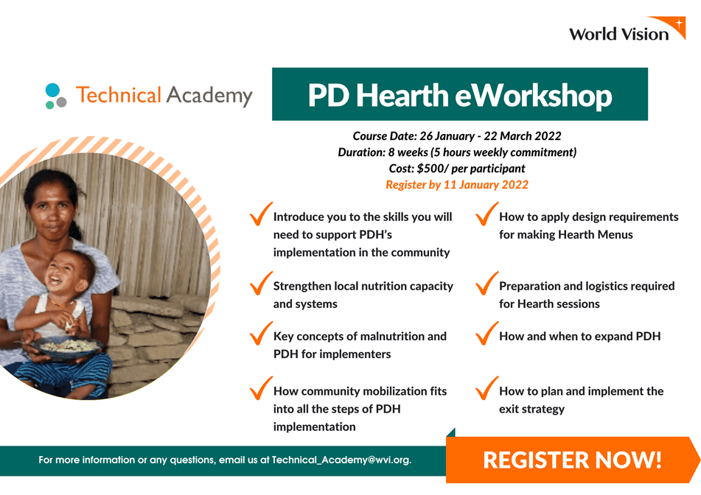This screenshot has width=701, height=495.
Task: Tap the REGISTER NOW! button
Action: pos(572,460)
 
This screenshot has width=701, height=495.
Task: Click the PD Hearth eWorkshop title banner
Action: pos(459,94)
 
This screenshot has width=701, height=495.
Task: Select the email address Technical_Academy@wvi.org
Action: pos(341,460)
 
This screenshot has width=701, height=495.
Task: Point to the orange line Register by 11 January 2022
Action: pos(457,185)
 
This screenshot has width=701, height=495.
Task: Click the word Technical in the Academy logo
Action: pos(119,95)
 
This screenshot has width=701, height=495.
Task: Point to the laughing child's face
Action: pos(66,273)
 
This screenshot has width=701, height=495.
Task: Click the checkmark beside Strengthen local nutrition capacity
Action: pos(261,284)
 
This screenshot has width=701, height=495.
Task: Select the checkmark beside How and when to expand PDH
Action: pos(486,333)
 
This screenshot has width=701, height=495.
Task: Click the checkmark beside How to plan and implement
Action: pos(486,388)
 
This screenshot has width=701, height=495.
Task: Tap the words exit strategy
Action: pos(531,410)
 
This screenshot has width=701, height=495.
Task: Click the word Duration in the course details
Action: pos(361,152)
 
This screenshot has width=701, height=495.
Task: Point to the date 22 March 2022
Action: pos(523,136)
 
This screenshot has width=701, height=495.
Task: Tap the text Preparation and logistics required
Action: pos(587,287)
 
